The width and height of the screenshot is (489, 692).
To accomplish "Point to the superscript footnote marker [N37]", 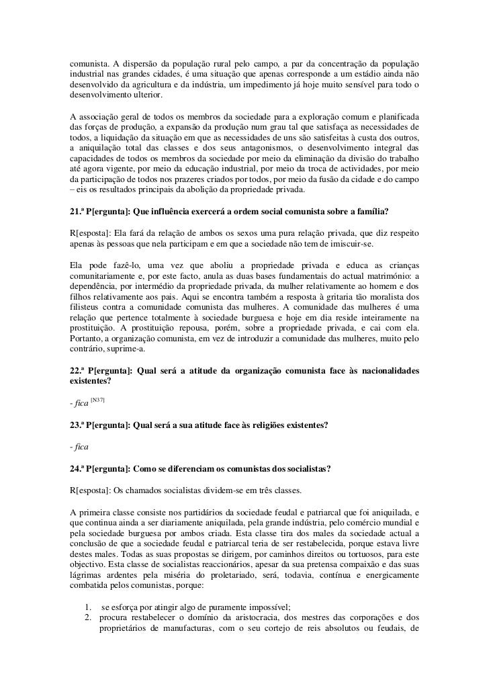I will tap(98, 400).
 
